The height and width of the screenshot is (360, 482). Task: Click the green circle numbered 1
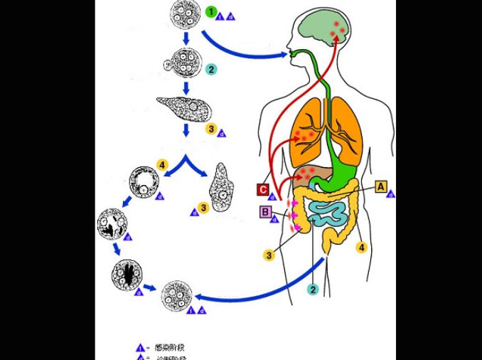(210, 12)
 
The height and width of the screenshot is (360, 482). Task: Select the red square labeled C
(263, 189)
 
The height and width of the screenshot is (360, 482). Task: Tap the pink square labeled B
(265, 211)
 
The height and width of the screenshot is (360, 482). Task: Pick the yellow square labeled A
(381, 186)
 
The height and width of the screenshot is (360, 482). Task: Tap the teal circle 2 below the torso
(312, 289)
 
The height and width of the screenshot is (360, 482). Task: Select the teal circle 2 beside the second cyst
(210, 69)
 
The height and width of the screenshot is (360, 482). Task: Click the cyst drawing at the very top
(183, 14)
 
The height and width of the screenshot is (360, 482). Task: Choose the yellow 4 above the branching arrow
(162, 165)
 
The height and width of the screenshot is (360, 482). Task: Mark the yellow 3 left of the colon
(269, 255)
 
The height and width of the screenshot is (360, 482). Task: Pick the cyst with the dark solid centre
(127, 274)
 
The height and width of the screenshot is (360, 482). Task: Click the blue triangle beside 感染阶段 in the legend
(140, 348)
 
